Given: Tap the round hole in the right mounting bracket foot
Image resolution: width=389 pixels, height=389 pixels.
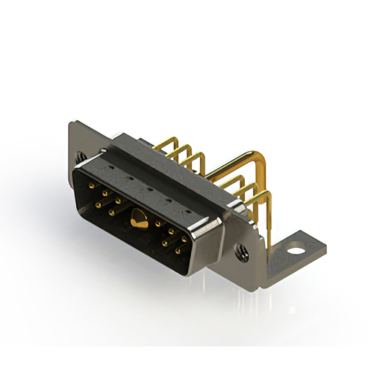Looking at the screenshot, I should pos(296,249).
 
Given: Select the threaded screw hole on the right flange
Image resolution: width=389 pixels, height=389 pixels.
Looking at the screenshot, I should pos(243,249).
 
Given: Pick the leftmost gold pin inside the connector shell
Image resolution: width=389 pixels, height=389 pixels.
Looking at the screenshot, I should pos(92,187).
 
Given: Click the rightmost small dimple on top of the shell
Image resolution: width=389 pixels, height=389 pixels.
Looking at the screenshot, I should pos(187,212).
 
